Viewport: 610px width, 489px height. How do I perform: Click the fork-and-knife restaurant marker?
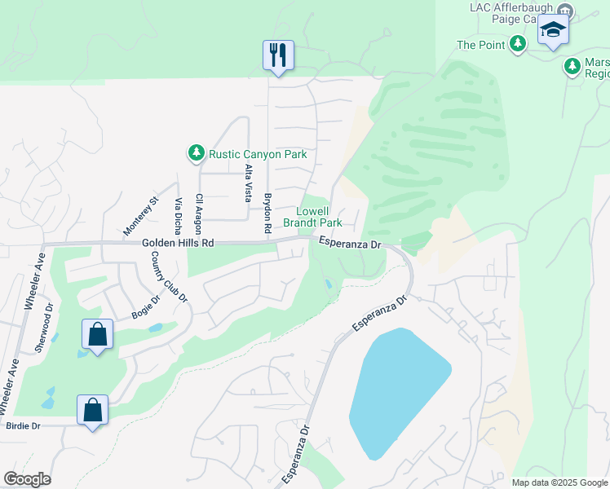[278, 55]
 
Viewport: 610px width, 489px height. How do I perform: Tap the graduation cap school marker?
[553, 30]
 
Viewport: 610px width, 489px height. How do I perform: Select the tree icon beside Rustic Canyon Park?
[196, 153]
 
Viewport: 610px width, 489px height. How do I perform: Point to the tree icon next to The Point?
[517, 45]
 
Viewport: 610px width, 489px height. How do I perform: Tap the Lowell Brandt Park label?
[312, 216]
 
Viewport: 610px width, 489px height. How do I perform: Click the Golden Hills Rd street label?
[178, 243]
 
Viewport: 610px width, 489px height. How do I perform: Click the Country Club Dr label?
[169, 278]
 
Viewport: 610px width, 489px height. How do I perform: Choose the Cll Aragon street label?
[198, 214]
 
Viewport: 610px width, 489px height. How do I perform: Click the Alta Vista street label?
[249, 183]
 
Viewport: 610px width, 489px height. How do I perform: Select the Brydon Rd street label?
[267, 214]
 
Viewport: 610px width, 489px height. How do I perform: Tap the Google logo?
[27, 479]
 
